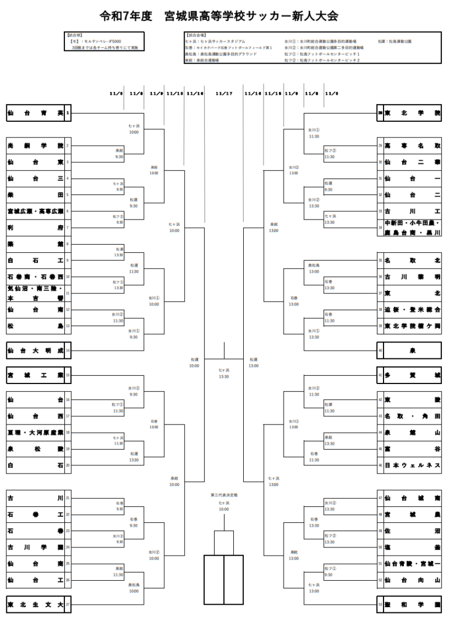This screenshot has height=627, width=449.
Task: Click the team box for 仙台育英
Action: coord(35,113)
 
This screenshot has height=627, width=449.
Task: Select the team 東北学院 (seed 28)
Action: coord(412,113)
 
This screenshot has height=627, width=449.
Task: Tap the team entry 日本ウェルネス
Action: coord(412,465)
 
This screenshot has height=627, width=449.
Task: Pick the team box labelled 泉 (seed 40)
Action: coord(412,351)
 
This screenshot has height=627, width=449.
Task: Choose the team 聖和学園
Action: coord(412,604)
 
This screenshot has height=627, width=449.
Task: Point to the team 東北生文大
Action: coord(35,604)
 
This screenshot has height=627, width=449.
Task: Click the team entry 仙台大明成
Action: coord(35,351)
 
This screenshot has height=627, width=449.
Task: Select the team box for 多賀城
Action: coord(412,375)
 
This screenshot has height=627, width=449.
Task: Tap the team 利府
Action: coord(35,227)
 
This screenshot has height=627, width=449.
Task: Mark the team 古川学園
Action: coord(35,547)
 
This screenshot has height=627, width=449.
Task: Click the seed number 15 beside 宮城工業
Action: coord(68,375)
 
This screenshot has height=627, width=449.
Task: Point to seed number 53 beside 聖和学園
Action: coord(380,604)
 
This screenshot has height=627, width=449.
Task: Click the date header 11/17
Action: coord(224,93)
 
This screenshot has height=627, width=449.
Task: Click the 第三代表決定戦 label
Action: coord(224,495)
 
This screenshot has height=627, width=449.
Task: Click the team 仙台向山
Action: coord(412,580)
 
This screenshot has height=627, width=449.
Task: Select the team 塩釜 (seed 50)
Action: coord(412,547)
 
